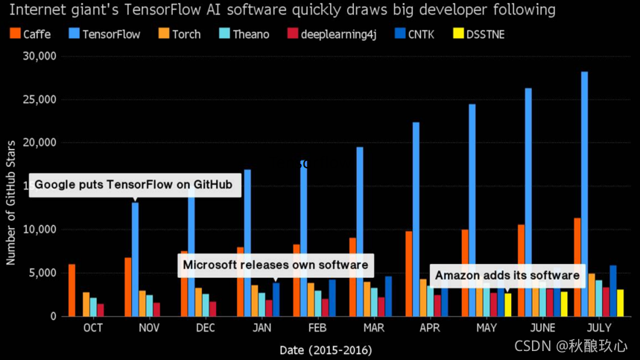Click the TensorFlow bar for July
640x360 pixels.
click(584, 194)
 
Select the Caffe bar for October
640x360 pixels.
click(72, 290)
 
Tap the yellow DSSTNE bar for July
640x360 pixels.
click(620, 303)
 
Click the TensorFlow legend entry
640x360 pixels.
click(104, 34)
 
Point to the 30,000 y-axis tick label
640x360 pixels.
click(39, 56)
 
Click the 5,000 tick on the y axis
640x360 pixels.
click(44, 273)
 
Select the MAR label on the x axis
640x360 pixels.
click(374, 328)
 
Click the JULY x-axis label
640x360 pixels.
click(598, 328)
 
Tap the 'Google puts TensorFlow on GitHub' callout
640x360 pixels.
click(134, 185)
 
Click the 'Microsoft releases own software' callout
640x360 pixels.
click(276, 265)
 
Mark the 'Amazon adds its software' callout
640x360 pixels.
click(507, 275)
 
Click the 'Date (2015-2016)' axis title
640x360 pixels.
click(326, 350)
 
